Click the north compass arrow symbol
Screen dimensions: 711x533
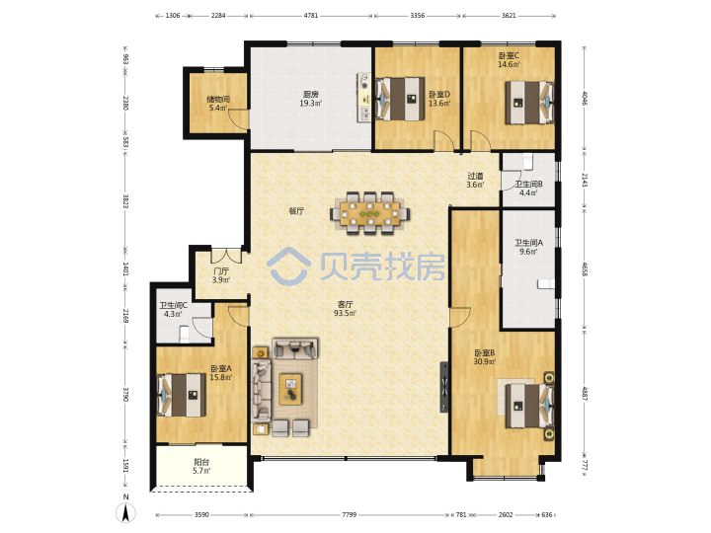coord(125,512)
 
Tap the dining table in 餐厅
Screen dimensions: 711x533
coord(370,213)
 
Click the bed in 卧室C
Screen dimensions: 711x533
coord(529,103)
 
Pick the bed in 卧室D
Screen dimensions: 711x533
coord(400,99)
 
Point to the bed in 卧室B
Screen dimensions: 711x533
coord(529,406)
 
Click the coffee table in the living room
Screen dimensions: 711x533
coord(290,389)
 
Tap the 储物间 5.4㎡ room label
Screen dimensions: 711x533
coord(218,104)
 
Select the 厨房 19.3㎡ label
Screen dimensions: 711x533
coord(310,99)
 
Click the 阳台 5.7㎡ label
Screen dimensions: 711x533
coord(201,466)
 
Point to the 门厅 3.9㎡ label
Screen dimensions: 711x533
coord(221,275)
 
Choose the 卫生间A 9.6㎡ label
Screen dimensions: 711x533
coord(528,247)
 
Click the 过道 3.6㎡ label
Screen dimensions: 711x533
coord(475,180)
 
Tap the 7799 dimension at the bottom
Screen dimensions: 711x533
coord(350,514)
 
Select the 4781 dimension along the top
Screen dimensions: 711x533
coord(311,16)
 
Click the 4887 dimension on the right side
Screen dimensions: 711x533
coord(585,393)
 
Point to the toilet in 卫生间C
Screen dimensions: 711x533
coord(184,335)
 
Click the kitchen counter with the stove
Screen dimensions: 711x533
coord(364,98)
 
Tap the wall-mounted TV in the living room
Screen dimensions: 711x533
coord(444,387)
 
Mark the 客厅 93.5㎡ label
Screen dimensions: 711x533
coord(345,309)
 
